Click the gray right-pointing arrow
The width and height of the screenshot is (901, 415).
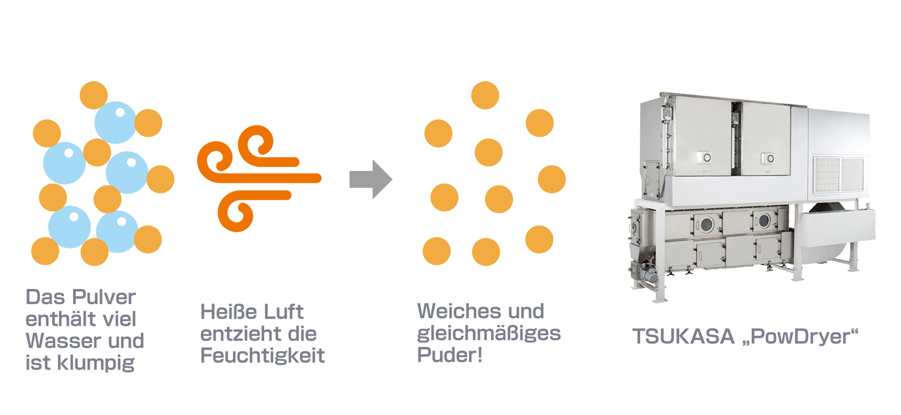[371, 179]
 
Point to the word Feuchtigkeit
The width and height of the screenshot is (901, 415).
[262, 355]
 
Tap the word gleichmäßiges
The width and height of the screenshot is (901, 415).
[489, 333]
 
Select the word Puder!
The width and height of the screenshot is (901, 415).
[449, 355]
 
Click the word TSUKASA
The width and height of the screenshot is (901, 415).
[684, 337]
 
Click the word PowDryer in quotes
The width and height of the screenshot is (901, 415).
[800, 337]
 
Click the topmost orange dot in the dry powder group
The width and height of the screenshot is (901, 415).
[485, 95]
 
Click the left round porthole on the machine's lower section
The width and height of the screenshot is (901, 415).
[706, 224]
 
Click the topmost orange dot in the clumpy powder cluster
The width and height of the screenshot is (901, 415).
[93, 95]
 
